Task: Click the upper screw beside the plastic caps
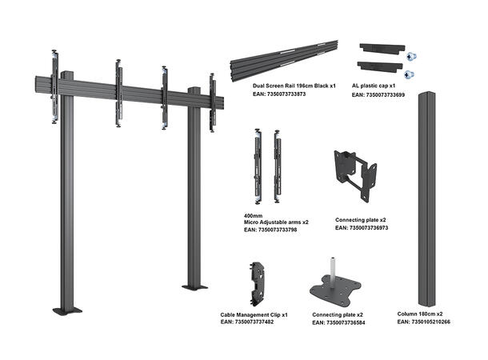pyautogui.click(x=411, y=58)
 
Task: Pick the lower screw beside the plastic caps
pyautogui.click(x=411, y=74)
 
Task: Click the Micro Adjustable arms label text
pyautogui.click(x=276, y=222)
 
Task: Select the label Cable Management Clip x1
pyautogui.click(x=254, y=314)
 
